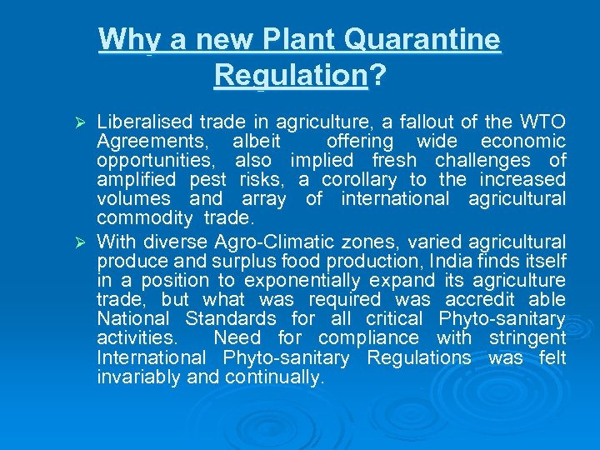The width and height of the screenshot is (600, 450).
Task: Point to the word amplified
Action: click(136, 180)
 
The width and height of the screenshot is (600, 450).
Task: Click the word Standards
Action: click(230, 318)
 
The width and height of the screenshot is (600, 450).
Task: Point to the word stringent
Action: click(526, 337)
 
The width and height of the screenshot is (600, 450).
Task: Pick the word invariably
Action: click(136, 377)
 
